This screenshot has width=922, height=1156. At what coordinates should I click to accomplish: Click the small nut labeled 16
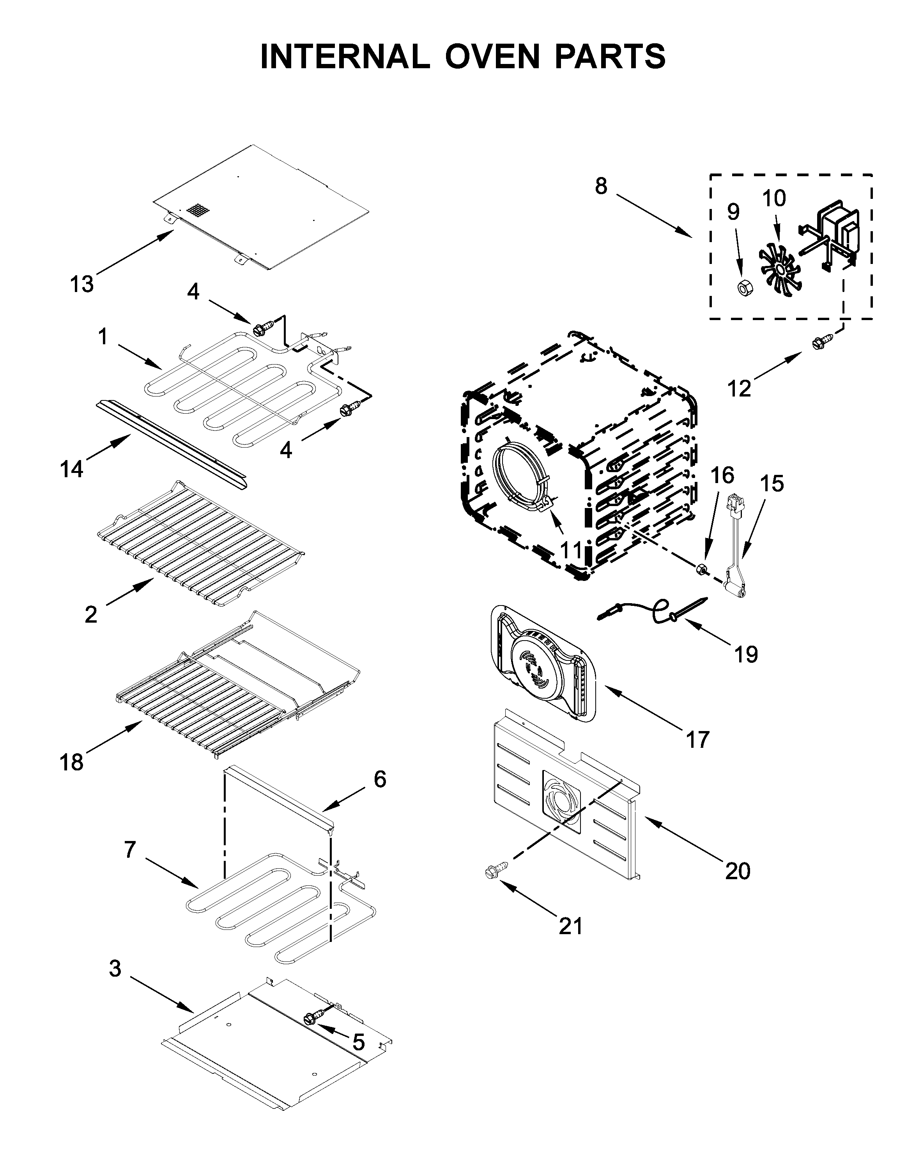[700, 568]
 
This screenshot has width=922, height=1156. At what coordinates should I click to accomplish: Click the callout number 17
[697, 739]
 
